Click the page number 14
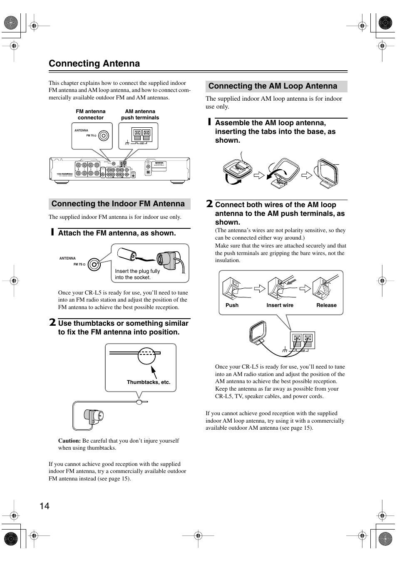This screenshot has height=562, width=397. (45, 506)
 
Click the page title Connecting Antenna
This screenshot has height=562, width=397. (94, 63)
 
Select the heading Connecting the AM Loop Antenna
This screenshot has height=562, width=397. (273, 86)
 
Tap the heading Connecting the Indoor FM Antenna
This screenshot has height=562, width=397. (118, 204)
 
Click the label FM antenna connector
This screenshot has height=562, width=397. (91, 114)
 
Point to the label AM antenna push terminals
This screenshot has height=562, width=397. (140, 114)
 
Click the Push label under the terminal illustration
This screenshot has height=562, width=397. (232, 305)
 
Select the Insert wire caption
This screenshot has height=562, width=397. (280, 305)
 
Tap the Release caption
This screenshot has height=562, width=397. (326, 305)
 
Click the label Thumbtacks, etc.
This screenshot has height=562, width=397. (149, 382)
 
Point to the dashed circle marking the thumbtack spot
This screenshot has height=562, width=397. (146, 355)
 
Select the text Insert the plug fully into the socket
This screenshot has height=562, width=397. (137, 274)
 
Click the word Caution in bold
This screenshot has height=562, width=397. (69, 441)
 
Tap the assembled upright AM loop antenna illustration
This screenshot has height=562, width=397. (328, 173)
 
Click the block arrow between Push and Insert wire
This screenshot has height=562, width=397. (259, 288)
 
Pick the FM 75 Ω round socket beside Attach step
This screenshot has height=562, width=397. (94, 264)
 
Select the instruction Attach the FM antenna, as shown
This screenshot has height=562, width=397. (117, 233)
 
